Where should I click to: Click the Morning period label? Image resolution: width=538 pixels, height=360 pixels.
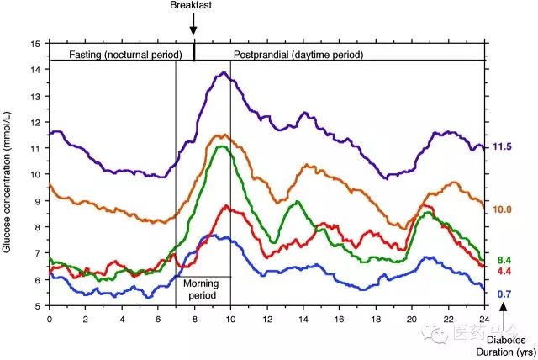200,290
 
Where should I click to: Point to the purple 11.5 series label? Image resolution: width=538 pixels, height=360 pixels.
502,147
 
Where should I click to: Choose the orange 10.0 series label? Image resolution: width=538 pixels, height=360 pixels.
502,209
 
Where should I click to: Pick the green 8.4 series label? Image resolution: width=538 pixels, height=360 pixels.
505,261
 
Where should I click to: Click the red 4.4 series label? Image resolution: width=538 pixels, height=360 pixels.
505,272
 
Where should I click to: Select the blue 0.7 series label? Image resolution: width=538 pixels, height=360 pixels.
505,294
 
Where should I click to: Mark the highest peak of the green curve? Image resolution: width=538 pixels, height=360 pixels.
221,147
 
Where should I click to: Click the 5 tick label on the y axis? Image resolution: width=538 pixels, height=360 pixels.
36,306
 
